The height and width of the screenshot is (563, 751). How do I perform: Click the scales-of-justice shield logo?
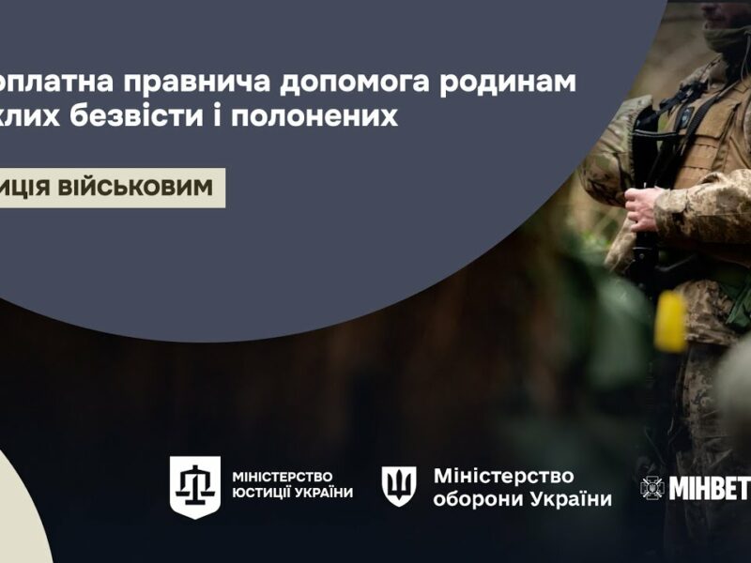tap(195, 487)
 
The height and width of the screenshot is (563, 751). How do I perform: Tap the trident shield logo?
tap(399, 486)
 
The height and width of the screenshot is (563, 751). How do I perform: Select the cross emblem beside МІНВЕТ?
tap(652, 488)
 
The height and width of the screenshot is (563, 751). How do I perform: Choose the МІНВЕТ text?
tap(710, 489)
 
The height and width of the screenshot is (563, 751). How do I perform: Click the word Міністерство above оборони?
tap(503, 476)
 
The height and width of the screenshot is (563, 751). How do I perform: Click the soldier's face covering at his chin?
tap(728, 38)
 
